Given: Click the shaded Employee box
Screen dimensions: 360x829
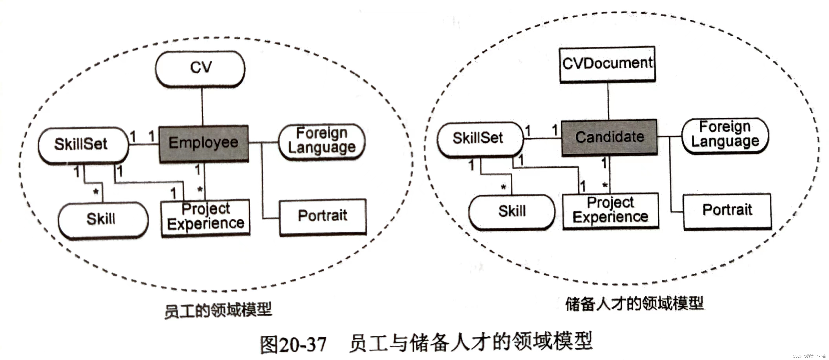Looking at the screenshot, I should tap(204, 143).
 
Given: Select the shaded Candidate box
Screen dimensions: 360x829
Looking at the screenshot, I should tap(609, 138).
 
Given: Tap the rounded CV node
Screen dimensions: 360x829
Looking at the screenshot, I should tap(200, 68).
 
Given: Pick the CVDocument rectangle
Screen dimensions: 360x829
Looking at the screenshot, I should tap(607, 64).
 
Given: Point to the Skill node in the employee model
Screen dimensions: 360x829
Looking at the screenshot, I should tap(102, 220).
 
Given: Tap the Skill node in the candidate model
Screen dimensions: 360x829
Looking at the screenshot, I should tap(512, 212).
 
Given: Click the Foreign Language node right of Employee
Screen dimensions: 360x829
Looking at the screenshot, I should tap(322, 141).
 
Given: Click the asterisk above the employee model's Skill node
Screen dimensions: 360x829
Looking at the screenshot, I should tap(96, 192).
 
